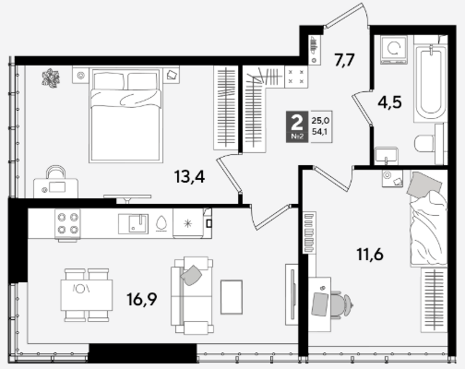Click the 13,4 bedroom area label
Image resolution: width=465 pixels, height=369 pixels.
(189, 177)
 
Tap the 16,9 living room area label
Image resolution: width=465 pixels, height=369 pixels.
(142, 299)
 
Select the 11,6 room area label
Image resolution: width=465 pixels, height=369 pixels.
(370, 255)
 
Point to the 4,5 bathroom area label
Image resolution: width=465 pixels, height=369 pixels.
(389, 102)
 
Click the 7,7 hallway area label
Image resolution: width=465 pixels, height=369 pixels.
(345, 60)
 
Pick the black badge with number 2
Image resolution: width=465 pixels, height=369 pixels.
(297, 126)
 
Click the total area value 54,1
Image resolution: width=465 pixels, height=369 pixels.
(319, 132)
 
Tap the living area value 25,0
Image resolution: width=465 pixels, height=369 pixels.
(320, 120)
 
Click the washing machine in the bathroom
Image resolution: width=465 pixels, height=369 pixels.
(394, 50)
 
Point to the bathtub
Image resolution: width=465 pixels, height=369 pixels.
(430, 82)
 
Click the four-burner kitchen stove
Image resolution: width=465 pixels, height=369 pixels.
(67, 224)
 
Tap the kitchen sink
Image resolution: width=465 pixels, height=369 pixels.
(134, 224)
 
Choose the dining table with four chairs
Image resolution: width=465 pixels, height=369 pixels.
(87, 295)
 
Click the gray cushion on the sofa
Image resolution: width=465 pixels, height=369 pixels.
(191, 275)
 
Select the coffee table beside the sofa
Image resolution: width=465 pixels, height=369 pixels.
(232, 297)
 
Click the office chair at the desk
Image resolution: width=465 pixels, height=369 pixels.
(340, 304)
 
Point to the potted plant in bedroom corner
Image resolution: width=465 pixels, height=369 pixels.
(51, 78)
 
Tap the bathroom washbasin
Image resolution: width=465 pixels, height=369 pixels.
(387, 156)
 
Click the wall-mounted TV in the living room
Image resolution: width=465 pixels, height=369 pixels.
(292, 294)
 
